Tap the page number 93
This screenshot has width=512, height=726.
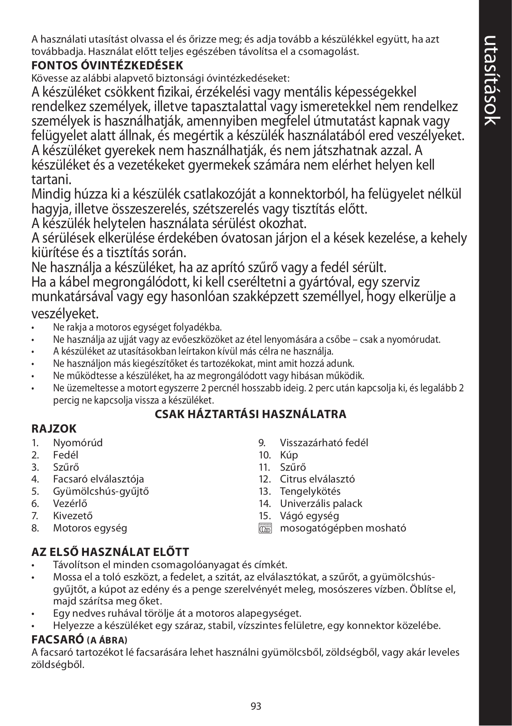(x=256, y=706)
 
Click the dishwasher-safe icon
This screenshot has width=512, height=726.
(x=265, y=528)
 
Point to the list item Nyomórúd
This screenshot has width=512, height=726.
(x=78, y=443)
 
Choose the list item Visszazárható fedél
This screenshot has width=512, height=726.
(x=324, y=443)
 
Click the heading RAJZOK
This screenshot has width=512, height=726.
(x=54, y=429)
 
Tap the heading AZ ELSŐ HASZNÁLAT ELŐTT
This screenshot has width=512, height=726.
(x=110, y=552)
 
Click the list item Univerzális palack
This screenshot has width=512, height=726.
(x=321, y=503)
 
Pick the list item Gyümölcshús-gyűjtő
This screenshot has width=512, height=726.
(x=101, y=491)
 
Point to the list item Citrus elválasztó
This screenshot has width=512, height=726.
(x=317, y=479)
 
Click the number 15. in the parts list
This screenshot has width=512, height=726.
(x=265, y=516)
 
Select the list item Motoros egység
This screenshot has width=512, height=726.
(x=90, y=528)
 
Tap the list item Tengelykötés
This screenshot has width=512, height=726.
(x=310, y=491)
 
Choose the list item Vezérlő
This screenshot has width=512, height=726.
(x=70, y=503)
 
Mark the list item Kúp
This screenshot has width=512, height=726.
(x=289, y=455)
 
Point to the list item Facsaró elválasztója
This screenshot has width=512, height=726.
(x=98, y=479)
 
